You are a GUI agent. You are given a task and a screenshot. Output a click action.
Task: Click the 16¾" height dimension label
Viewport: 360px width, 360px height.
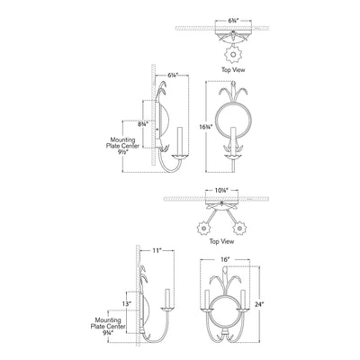[x=206, y=127]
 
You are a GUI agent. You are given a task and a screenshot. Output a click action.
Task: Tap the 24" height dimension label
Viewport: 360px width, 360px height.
[x=260, y=304]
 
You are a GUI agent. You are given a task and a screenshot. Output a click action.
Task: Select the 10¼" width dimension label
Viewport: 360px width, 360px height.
[x=221, y=190]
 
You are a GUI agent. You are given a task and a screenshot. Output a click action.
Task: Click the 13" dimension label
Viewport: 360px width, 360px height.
[x=127, y=303]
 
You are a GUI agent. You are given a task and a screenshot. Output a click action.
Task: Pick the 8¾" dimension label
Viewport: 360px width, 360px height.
[x=143, y=124]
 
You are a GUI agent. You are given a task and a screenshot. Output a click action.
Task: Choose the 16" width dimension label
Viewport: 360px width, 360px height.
[x=225, y=260]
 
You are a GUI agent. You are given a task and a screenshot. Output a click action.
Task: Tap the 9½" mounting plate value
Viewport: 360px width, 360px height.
[x=122, y=152]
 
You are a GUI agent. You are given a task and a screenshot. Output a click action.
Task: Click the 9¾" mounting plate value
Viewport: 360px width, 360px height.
[x=108, y=332]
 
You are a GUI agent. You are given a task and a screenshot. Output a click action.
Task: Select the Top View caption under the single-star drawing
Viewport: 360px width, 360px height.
[x=233, y=70]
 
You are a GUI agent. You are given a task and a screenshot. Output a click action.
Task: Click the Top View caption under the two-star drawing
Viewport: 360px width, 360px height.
[x=221, y=241]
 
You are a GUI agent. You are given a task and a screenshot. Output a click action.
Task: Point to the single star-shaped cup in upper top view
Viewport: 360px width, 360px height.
[x=233, y=55]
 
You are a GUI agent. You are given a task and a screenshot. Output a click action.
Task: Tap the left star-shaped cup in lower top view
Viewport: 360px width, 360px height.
[x=204, y=229]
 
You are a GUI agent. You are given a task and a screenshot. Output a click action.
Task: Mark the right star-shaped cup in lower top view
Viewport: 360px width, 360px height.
[x=239, y=229]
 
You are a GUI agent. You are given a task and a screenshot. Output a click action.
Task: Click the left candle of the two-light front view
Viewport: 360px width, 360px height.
[x=206, y=300]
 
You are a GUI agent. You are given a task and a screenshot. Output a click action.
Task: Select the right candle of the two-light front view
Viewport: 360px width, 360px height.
[x=243, y=300]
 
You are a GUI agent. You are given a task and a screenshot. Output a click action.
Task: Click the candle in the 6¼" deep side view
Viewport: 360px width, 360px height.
[x=180, y=141]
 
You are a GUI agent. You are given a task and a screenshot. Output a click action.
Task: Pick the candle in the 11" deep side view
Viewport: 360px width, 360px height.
[x=168, y=299]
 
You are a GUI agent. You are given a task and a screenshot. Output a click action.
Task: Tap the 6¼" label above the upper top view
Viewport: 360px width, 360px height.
[x=233, y=21]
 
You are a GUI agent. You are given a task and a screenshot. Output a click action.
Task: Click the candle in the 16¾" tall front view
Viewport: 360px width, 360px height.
[x=233, y=141]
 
